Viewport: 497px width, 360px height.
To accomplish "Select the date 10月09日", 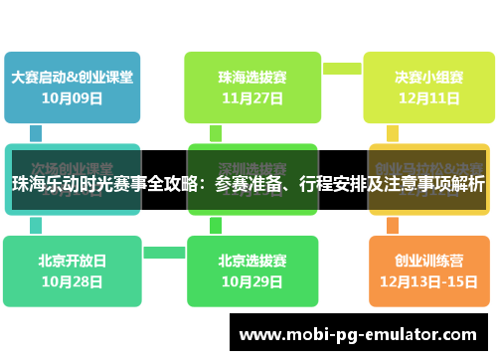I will point(72,97).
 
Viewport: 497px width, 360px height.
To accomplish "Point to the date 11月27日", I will point(252,98).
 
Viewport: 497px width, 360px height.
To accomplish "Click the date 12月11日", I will point(428,98).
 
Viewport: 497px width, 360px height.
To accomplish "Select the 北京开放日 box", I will point(72,261).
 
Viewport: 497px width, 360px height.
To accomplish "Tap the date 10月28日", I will point(72,282).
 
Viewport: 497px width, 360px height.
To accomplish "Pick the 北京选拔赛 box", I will point(252,261).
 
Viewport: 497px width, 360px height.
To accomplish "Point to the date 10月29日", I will point(252,282).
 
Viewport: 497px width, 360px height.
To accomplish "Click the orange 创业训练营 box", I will point(428,261).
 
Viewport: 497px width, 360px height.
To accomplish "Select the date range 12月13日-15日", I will point(428,282).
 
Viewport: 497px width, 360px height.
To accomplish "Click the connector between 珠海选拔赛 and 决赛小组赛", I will point(341,69).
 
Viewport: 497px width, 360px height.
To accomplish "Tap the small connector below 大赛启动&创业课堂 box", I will point(36,132).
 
